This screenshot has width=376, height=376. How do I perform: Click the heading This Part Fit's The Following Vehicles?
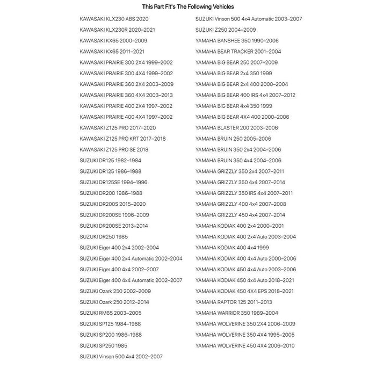click(187, 7)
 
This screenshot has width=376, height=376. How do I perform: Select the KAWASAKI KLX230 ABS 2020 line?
click(114, 19)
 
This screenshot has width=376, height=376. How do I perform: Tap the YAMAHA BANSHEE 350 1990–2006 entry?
click(237, 41)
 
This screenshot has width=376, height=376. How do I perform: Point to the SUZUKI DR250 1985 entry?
click(104, 237)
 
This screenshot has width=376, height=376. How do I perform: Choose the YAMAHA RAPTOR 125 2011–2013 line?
click(234, 302)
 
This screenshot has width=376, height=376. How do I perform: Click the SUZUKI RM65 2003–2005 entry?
click(111, 313)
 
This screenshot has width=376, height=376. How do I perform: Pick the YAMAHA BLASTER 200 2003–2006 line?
click(237, 128)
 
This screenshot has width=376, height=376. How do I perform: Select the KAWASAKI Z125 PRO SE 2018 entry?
click(114, 149)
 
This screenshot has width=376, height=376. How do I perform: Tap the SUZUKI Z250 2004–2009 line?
click(226, 30)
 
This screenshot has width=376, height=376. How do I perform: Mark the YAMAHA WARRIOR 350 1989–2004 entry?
click(237, 313)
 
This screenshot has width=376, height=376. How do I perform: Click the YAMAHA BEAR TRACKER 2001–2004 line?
click(238, 52)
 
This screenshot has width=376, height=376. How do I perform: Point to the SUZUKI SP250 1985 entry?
click(103, 345)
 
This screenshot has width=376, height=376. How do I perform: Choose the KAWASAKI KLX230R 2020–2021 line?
click(117, 30)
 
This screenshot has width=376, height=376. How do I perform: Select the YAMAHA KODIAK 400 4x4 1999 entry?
click(232, 248)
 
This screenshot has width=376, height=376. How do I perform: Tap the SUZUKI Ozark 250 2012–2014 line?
click(114, 302)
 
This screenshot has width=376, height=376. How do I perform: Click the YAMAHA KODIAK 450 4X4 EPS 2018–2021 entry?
click(244, 291)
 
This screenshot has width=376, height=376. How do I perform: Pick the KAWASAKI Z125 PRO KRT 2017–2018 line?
click(122, 139)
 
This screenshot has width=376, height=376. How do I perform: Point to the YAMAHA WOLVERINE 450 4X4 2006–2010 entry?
click(245, 345)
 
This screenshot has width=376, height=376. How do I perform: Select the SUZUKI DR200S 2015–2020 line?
click(112, 204)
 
